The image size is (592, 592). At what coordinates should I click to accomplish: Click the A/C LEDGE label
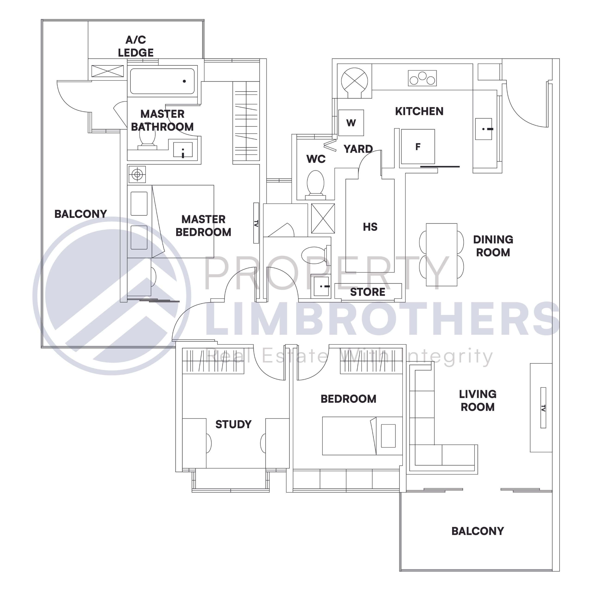[136, 46]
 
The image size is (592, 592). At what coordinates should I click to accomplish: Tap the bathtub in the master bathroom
[162, 81]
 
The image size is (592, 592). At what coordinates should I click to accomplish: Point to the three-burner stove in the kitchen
[422, 78]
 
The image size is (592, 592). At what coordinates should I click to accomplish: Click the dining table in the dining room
[441, 255]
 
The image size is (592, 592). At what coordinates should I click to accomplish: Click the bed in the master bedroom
[183, 221]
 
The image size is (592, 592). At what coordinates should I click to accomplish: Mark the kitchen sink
[484, 129]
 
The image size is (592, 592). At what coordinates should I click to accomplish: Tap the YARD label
[358, 149]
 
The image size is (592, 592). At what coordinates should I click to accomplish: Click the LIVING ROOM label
[477, 401]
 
